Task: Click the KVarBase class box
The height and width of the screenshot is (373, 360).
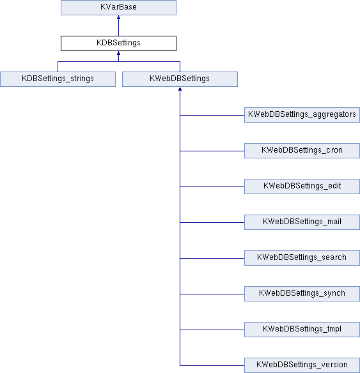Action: point(118,8)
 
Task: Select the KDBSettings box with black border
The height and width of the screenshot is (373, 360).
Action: point(118,43)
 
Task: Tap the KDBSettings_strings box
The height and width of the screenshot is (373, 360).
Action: point(58,79)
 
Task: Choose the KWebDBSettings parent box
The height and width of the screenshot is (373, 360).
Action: point(180,79)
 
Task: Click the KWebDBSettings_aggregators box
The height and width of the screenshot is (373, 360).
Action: point(302,115)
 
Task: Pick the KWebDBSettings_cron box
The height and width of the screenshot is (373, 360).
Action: point(302,151)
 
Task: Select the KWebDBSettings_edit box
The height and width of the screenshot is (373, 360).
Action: point(302,187)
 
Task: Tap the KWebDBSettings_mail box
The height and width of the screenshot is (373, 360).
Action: point(302,222)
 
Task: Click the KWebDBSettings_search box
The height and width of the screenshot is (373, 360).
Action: point(302,258)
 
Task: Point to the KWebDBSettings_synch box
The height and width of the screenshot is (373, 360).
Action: point(302,294)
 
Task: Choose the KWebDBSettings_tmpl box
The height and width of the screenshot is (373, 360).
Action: point(302,330)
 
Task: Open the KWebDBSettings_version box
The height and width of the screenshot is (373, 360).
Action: point(302,365)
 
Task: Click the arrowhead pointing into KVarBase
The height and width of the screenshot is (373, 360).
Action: point(118,17)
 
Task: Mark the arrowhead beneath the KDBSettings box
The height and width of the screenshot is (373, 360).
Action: point(118,53)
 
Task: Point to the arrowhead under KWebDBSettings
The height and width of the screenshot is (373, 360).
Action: point(180,89)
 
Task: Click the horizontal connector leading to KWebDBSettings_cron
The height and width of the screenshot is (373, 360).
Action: point(212,151)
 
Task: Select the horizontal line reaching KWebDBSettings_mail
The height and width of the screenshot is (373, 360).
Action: point(212,222)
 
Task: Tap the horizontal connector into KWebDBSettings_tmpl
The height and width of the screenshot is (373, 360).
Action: point(212,330)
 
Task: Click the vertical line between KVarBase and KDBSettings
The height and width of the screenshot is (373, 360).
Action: point(118,27)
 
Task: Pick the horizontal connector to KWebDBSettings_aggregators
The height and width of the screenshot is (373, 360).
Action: point(212,115)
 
